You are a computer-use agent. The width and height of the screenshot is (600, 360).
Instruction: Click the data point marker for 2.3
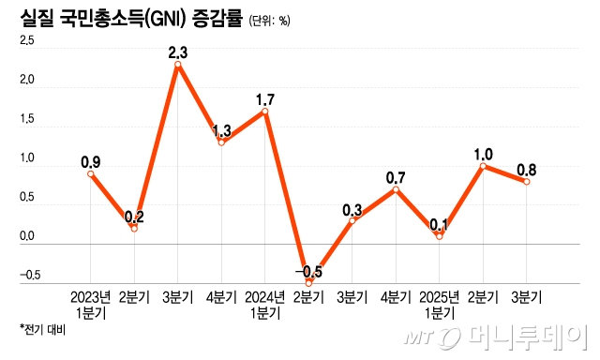178,65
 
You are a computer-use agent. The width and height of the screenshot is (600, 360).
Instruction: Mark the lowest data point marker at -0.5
308,282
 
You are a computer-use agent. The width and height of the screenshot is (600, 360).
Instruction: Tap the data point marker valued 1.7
265,112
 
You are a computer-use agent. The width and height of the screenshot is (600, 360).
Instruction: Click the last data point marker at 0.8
527,182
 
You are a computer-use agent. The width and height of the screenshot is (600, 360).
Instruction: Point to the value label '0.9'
91,160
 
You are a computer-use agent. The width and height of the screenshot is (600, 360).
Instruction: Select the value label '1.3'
221,129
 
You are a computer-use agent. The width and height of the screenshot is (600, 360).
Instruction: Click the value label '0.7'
396,176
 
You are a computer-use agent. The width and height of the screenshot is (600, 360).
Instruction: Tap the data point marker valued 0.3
352,221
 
